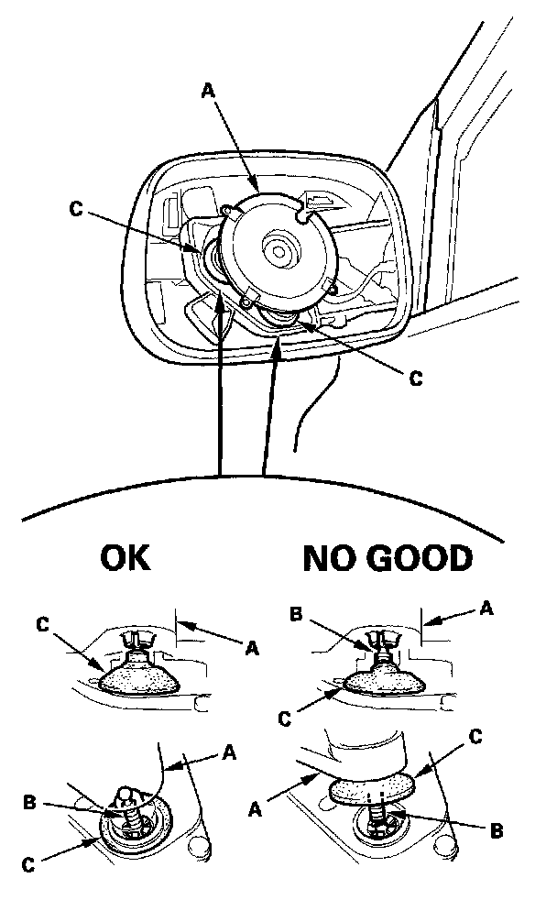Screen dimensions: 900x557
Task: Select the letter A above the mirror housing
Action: (x=208, y=90)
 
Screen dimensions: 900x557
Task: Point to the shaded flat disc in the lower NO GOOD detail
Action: (x=371, y=789)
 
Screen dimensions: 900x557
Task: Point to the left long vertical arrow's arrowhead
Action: (x=221, y=302)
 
